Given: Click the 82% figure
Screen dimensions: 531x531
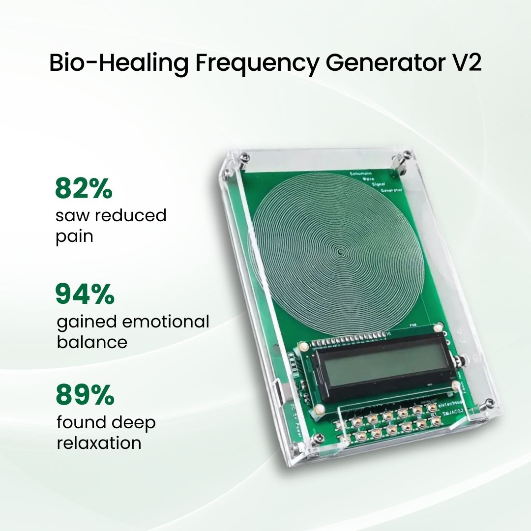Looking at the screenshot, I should [84, 189].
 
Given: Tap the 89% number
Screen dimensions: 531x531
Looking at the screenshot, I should [85, 395].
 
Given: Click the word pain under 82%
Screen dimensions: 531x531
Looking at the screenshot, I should [75, 237].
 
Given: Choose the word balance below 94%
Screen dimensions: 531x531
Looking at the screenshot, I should [92, 342].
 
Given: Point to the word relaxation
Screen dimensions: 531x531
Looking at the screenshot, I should [99, 443].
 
